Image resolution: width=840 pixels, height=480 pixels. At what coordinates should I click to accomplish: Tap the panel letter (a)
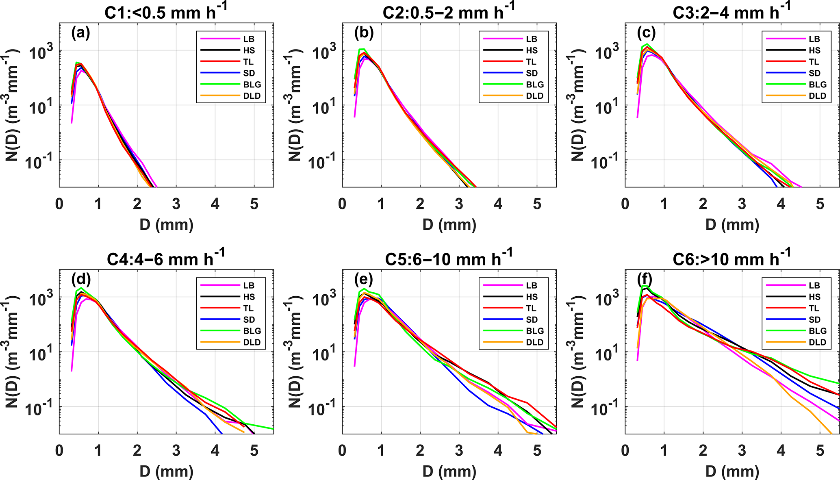tap(80, 33)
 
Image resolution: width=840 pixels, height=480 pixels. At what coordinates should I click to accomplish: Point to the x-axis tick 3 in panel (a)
tap(176, 204)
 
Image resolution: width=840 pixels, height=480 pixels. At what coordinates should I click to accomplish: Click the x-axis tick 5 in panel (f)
tap(820, 450)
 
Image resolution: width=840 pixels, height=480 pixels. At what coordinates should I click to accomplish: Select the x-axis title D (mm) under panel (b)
tap(449, 224)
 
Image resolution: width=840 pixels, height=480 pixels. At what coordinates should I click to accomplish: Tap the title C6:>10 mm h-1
tap(731, 258)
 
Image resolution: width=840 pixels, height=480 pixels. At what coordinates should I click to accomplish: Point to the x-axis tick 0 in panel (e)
tap(342, 450)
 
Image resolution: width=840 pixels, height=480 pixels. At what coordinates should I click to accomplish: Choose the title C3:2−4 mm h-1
tap(731, 12)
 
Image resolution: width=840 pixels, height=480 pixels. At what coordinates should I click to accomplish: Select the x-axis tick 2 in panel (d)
tap(137, 450)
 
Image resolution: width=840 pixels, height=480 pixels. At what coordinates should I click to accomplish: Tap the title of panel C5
tap(449, 258)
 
